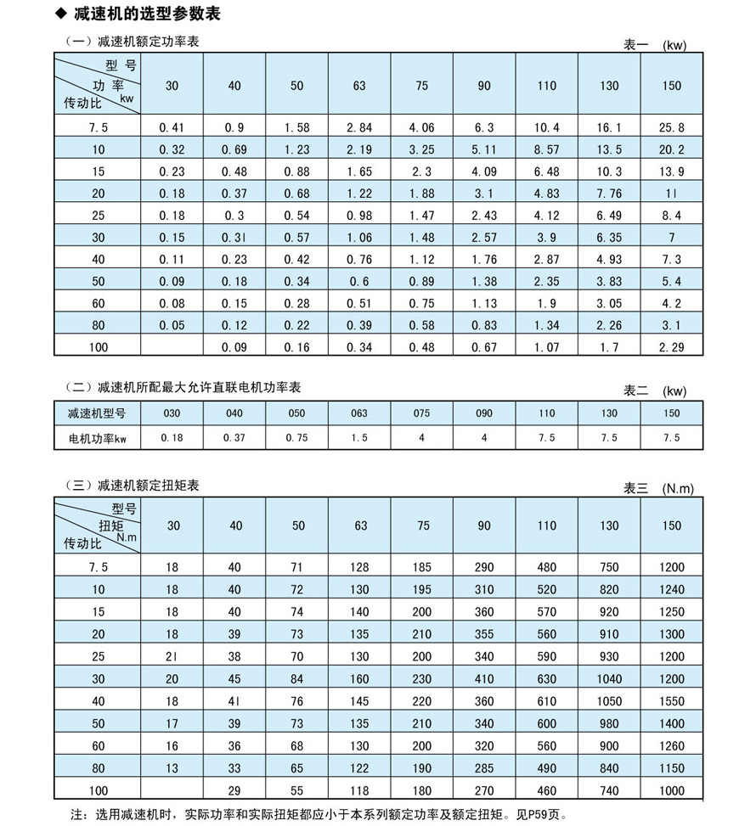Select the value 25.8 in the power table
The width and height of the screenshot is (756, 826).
tap(671, 127)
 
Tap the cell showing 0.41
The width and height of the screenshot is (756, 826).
tap(172, 127)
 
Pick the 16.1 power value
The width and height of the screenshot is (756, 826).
tap(609, 127)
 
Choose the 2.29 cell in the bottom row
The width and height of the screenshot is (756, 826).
tap(671, 346)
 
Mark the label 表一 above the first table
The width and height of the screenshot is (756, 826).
tap(635, 45)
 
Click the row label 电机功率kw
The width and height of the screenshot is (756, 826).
tap(98, 438)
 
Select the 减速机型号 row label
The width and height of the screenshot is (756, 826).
tap(98, 413)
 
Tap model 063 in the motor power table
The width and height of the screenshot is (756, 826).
tap(360, 413)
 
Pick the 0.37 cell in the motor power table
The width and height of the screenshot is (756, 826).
tap(234, 438)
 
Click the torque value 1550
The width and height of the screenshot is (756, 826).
tap(671, 702)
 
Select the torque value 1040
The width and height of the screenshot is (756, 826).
tap(609, 679)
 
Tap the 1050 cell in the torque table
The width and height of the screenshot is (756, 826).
tap(609, 702)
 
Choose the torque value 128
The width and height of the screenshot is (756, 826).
tap(360, 566)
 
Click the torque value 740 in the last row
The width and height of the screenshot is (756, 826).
tap(609, 789)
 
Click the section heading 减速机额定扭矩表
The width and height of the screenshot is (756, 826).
tap(149, 486)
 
